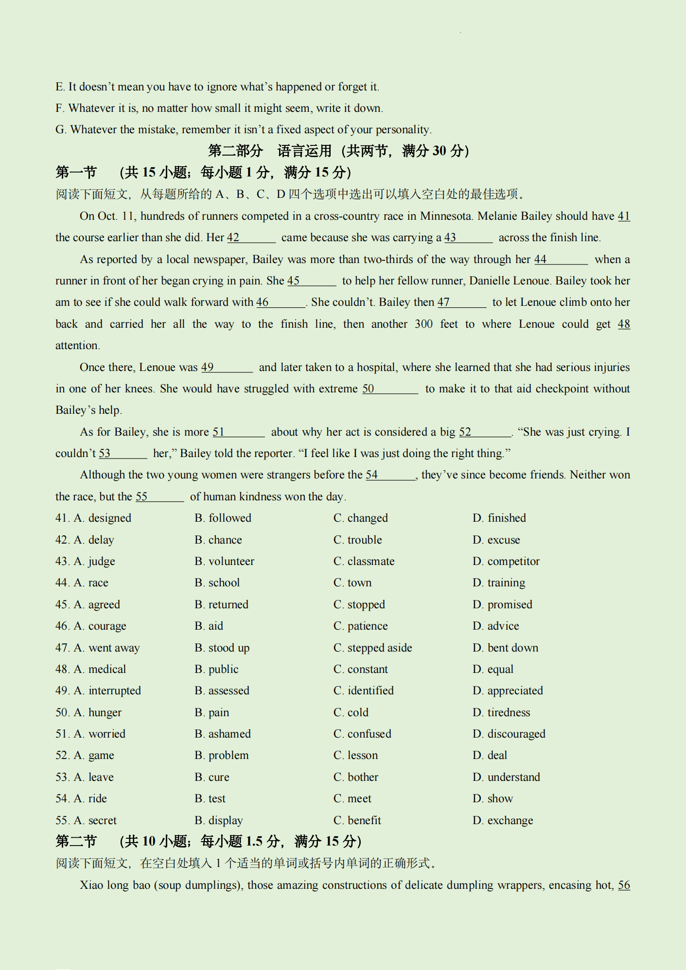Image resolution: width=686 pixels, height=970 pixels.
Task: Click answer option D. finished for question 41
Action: tap(499, 518)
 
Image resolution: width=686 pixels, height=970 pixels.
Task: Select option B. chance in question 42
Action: tap(218, 540)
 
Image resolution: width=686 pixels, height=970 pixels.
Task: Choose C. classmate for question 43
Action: tap(364, 562)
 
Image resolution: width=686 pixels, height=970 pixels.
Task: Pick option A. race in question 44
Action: tap(91, 583)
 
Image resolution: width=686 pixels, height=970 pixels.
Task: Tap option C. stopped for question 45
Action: tap(359, 605)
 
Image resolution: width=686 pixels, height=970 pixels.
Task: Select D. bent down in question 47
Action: tap(506, 648)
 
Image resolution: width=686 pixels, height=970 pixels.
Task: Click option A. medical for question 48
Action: tap(100, 670)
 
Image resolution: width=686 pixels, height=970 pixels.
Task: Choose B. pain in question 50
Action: tap(212, 713)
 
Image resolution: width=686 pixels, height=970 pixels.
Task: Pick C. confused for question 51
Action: tap(362, 734)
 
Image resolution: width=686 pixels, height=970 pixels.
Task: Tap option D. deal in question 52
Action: tap(490, 756)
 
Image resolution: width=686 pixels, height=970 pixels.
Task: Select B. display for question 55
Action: tap(219, 821)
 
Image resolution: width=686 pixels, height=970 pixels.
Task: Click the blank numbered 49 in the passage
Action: tap(227, 368)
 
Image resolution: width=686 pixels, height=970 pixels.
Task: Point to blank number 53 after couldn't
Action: tap(123, 454)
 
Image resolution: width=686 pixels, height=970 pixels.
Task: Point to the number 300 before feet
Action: tap(423, 324)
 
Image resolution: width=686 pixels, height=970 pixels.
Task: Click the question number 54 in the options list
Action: tap(62, 799)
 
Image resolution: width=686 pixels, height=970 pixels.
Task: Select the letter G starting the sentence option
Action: tap(60, 130)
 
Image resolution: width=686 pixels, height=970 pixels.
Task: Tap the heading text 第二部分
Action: tap(235, 151)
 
